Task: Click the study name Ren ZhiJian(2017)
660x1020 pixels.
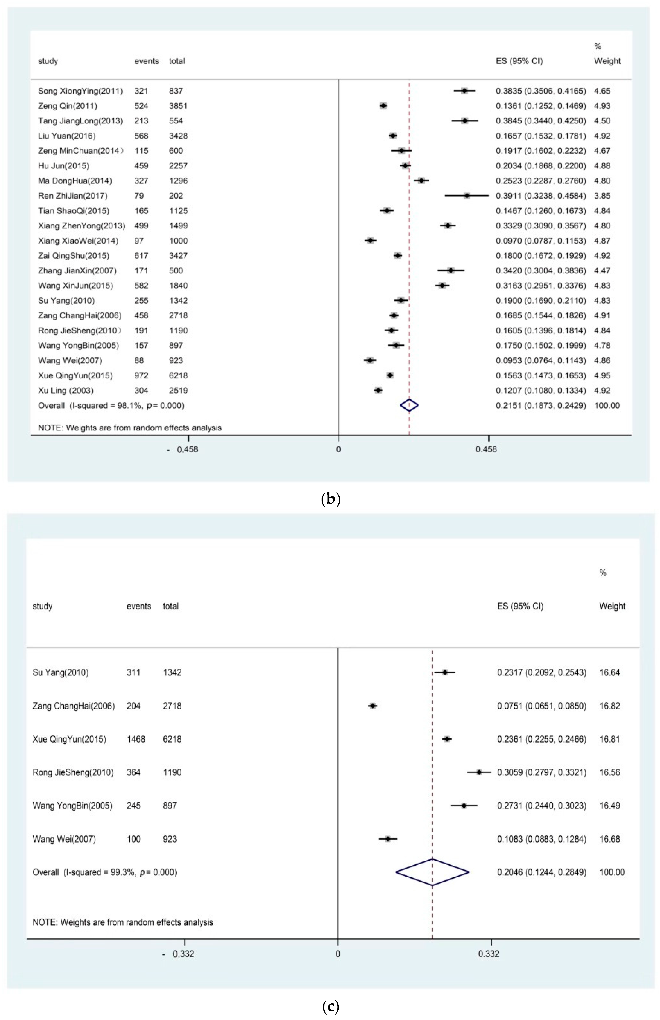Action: [x=73, y=196]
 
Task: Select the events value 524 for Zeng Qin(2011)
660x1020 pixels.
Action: [x=141, y=106]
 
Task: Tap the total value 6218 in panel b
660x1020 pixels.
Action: [x=178, y=376]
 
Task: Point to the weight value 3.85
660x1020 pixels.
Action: [x=602, y=196]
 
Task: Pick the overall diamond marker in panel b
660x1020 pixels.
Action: [x=409, y=405]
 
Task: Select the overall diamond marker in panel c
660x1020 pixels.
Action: [x=432, y=872]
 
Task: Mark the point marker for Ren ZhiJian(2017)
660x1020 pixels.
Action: [x=467, y=196]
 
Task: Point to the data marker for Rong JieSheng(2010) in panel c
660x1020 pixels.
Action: [x=479, y=772]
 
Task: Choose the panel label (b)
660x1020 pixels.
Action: [x=330, y=499]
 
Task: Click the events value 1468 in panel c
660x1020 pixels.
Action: [x=136, y=739]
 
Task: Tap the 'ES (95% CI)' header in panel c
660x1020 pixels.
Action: [x=520, y=606]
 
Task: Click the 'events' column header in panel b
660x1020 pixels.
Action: [x=146, y=61]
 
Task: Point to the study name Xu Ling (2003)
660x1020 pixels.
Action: [x=66, y=390]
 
